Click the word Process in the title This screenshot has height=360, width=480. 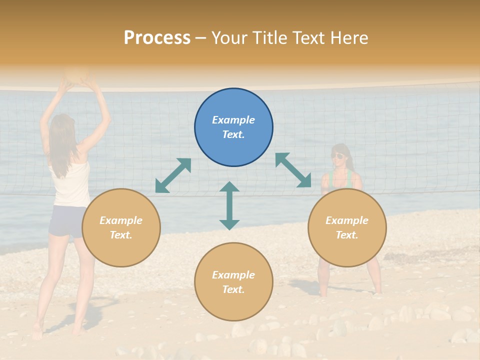[x=157, y=38]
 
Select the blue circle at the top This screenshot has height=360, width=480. [x=233, y=127]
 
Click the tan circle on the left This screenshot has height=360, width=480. [x=121, y=227]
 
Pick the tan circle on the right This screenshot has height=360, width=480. [x=347, y=227]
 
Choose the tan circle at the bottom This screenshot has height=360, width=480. [x=233, y=281]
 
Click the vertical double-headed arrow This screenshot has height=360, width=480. [x=229, y=205]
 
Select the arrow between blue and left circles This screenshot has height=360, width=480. [x=173, y=175]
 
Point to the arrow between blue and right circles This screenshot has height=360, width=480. [x=293, y=170]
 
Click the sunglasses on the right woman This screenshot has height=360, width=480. [x=338, y=156]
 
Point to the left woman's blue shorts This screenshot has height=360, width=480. [x=66, y=220]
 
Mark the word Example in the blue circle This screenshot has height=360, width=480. [x=233, y=120]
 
